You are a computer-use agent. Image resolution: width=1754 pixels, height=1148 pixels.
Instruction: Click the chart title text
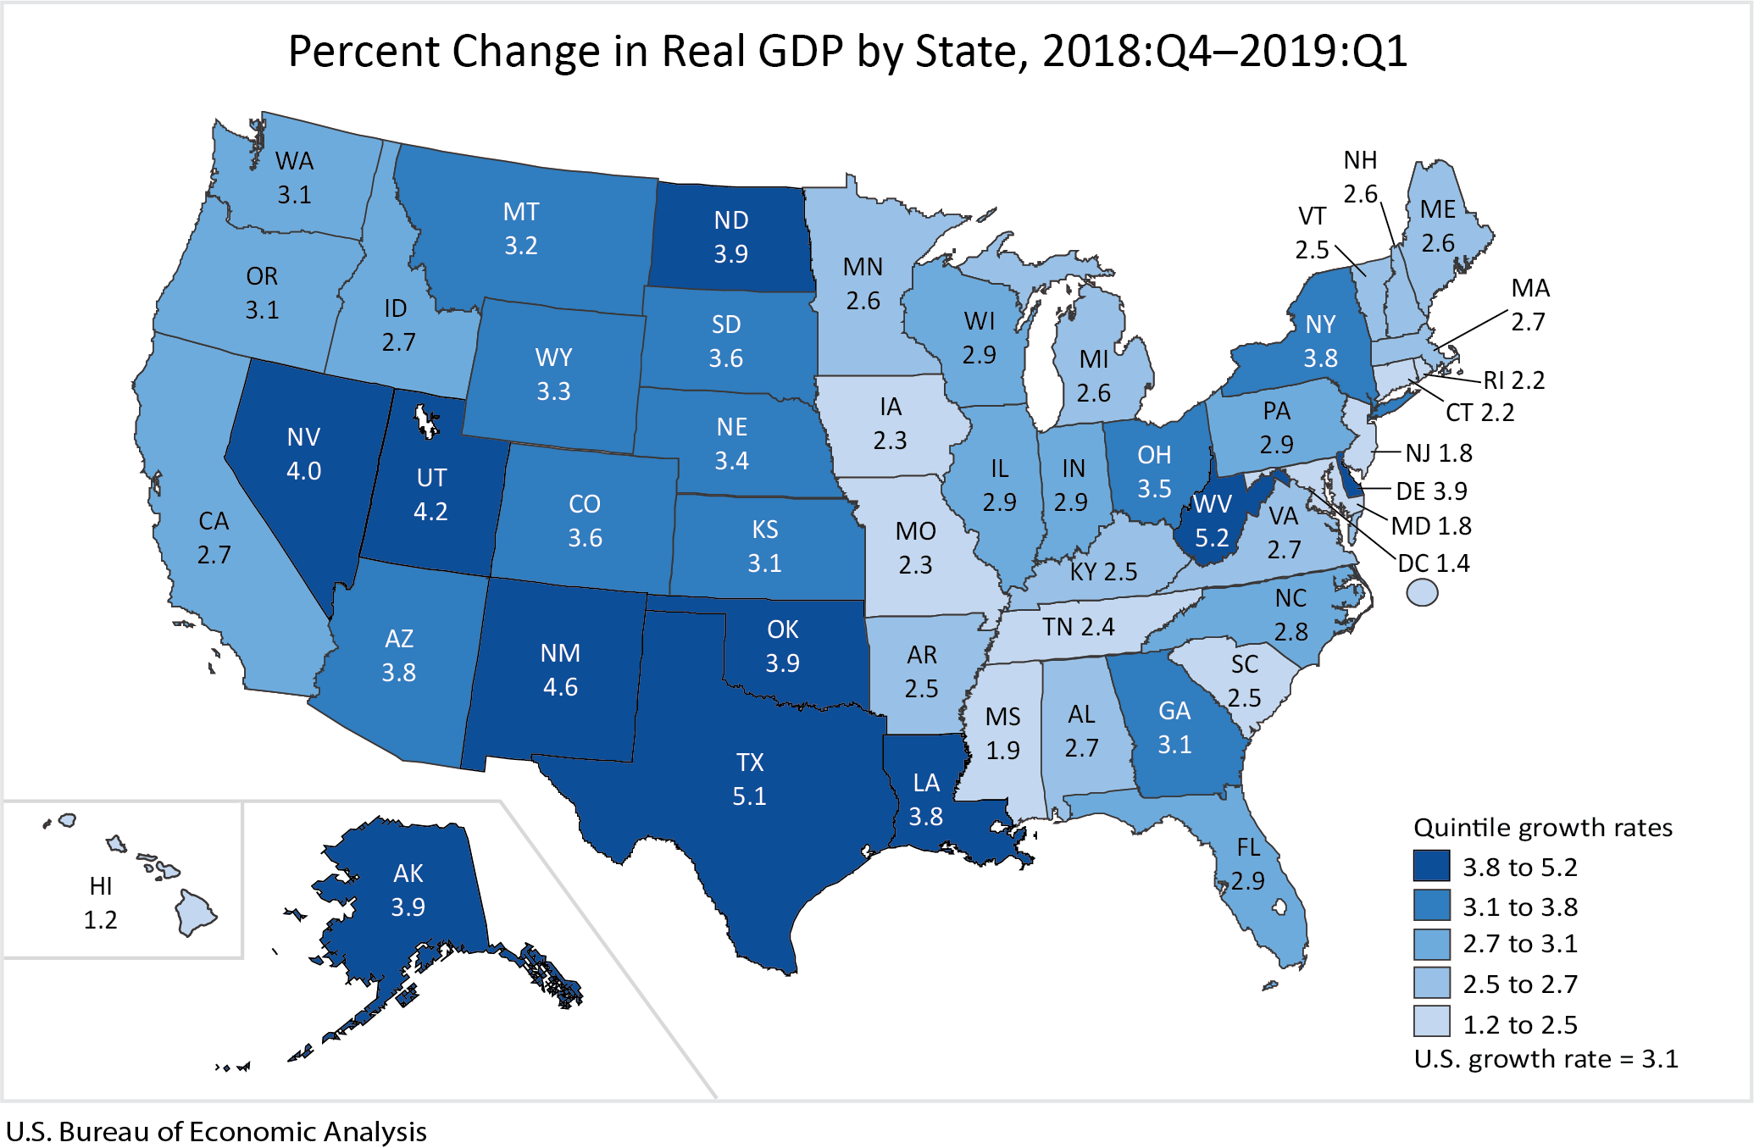[x=847, y=51]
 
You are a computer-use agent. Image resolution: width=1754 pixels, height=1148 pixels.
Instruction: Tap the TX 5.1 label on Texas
[x=749, y=779]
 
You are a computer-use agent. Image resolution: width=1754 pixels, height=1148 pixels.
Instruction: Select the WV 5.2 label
[x=1212, y=521]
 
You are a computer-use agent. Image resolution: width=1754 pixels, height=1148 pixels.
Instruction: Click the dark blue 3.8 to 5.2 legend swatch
[x=1431, y=866]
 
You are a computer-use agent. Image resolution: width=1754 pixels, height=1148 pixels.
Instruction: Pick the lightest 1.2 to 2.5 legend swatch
[x=1431, y=1023]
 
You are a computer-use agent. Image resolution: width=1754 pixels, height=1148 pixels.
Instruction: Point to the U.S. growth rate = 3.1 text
[x=1546, y=1059]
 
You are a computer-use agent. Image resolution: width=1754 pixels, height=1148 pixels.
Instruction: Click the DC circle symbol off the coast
[x=1422, y=591]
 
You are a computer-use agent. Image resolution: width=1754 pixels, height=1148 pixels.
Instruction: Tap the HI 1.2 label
[x=100, y=903]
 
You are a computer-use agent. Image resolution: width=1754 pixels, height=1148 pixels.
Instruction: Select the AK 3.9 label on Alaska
[x=408, y=890]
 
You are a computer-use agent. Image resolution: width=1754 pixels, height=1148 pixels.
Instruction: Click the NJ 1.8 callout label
[x=1438, y=453]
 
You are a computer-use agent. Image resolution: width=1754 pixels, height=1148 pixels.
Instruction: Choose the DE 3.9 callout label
[x=1431, y=491]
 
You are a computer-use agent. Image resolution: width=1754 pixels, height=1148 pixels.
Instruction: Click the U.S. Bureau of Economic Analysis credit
[x=216, y=1132]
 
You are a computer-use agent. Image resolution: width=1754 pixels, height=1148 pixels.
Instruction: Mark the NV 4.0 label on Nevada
[x=303, y=454]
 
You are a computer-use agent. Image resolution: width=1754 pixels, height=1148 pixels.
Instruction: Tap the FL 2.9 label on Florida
[x=1248, y=864]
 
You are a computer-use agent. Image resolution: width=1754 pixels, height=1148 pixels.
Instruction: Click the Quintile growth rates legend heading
[x=1543, y=828]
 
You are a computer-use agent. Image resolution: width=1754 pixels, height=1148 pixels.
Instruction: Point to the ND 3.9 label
[x=730, y=237]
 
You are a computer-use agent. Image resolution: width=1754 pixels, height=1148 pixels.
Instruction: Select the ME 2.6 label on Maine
[x=1438, y=226]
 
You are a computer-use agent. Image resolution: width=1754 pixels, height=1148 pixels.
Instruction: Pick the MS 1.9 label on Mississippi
[x=1002, y=734]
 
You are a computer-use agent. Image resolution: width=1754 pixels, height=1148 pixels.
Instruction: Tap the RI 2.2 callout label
[x=1513, y=380]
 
